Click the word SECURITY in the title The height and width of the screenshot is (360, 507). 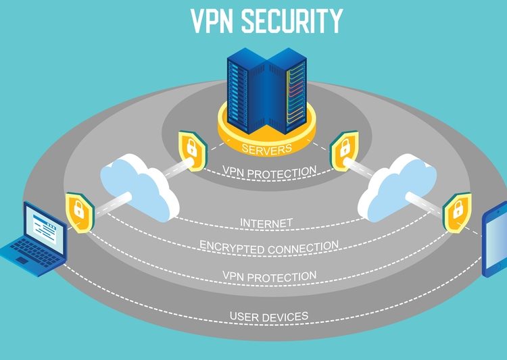click(x=293, y=21)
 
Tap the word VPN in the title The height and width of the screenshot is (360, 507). click(x=212, y=21)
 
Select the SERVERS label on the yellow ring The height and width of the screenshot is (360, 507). click(x=267, y=149)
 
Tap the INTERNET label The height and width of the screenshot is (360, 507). click(x=266, y=222)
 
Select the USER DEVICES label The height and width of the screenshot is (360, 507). click(x=268, y=316)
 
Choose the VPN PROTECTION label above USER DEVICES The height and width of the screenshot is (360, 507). click(x=269, y=276)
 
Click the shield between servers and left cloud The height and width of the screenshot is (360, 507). click(x=190, y=147)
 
